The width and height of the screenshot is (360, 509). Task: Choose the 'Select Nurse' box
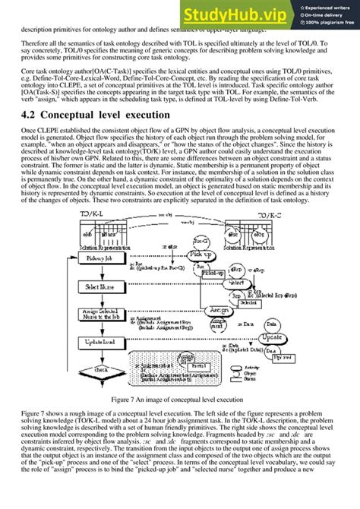(100, 287)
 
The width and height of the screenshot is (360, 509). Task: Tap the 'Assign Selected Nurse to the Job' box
(100, 315)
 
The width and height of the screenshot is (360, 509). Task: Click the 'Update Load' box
(100, 343)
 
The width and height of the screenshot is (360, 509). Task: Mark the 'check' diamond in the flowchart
(100, 369)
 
